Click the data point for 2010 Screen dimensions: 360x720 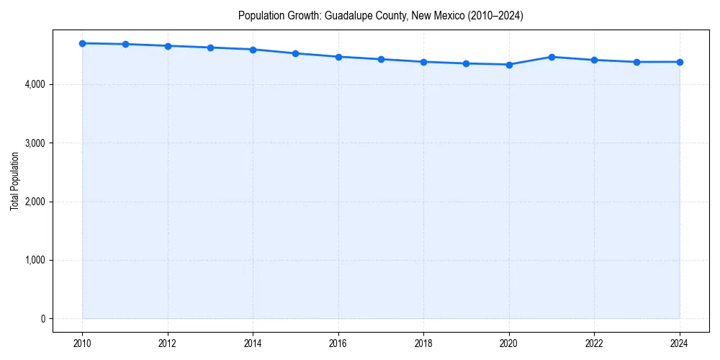pyautogui.click(x=82, y=43)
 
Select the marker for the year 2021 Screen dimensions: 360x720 pyautogui.click(x=552, y=57)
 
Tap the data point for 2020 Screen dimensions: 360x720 pyautogui.click(x=509, y=65)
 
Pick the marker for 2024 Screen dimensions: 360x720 pyautogui.click(x=680, y=62)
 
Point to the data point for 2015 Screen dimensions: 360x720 pyautogui.click(x=296, y=53)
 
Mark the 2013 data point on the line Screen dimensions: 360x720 pyautogui.click(x=210, y=48)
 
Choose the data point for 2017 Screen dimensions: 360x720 pyautogui.click(x=381, y=59)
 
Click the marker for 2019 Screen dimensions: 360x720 pyautogui.click(x=467, y=63)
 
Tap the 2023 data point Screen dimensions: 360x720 pyautogui.click(x=637, y=62)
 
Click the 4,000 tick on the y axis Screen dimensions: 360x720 pyautogui.click(x=35, y=84)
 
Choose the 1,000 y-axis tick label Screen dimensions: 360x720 pyautogui.click(x=35, y=260)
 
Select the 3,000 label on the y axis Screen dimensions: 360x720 pyautogui.click(x=35, y=143)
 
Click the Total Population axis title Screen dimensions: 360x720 pyautogui.click(x=14, y=181)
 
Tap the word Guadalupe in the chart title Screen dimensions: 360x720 pyautogui.click(x=357, y=16)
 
